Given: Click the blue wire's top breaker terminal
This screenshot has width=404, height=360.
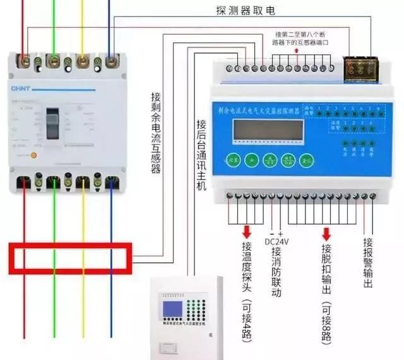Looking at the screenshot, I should (x=111, y=62).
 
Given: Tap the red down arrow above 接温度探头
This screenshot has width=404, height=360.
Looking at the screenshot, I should (x=246, y=231).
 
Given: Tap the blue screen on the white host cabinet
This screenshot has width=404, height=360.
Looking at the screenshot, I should (x=171, y=310).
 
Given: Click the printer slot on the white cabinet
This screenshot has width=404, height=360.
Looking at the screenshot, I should (x=169, y=347).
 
